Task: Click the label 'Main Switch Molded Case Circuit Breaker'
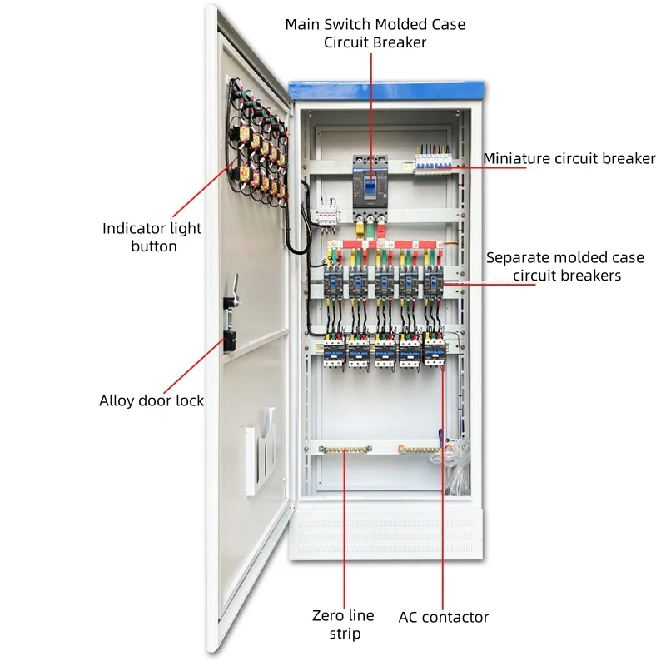click(375, 33)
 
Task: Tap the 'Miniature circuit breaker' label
click(569, 158)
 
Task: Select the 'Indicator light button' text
click(152, 237)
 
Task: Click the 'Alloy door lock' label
click(152, 400)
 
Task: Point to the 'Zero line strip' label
click(343, 624)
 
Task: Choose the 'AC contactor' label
click(443, 617)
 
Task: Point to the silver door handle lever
click(235, 291)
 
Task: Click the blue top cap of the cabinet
click(385, 87)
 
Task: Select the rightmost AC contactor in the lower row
click(434, 350)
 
